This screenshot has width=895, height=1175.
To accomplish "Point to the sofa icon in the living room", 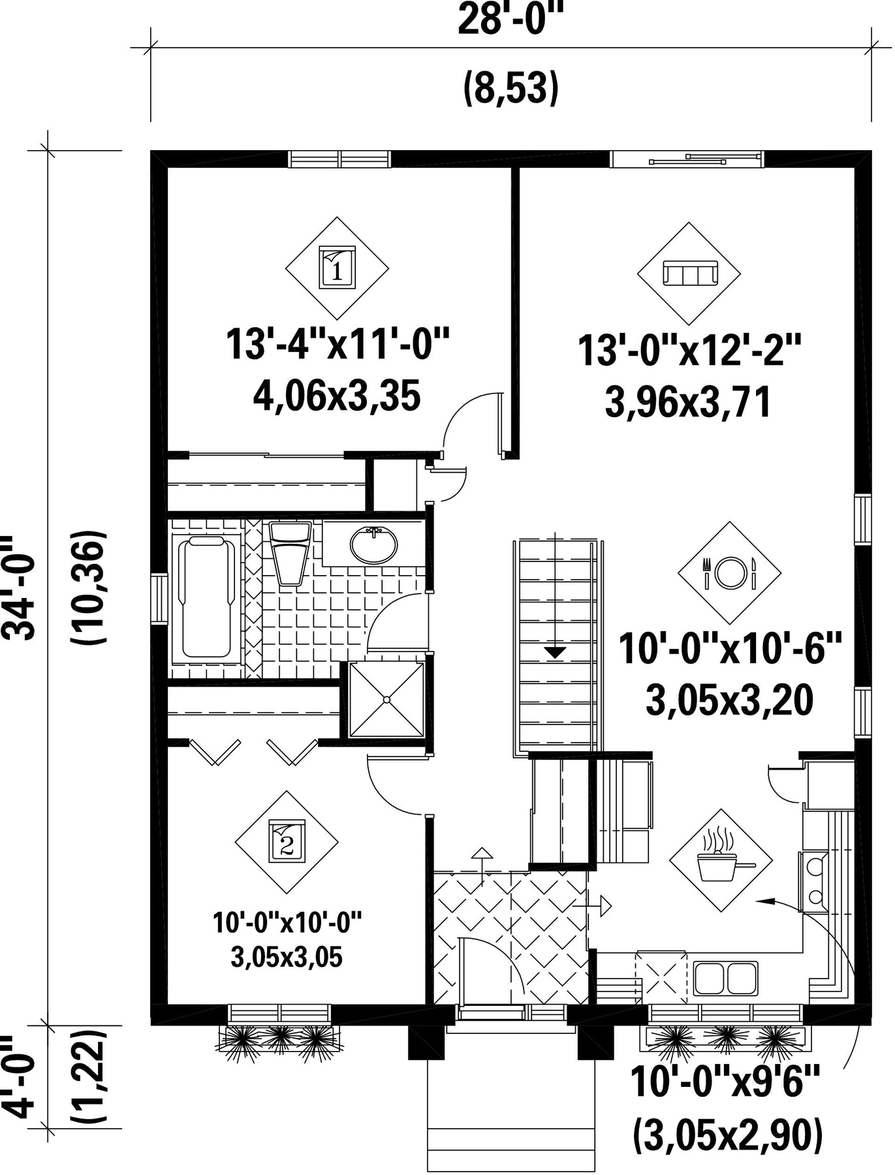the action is click(689, 273).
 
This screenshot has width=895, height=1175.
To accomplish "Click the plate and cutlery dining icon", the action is click(729, 572).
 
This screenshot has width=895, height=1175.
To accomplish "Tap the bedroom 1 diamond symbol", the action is click(338, 268).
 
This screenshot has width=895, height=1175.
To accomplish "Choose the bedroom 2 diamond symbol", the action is click(287, 843).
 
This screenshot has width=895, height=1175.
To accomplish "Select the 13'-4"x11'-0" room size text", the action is click(338, 344).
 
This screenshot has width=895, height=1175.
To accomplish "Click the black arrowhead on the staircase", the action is click(555, 651).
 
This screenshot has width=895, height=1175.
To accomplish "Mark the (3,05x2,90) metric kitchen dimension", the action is click(727, 1136).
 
